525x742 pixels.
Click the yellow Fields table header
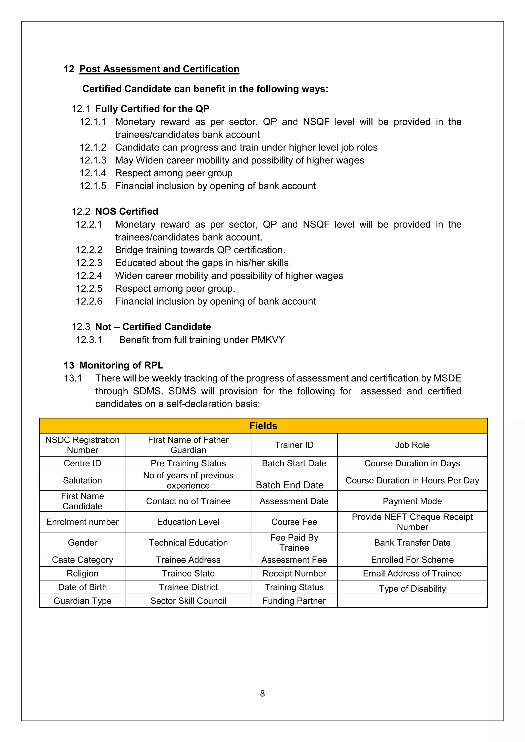tap(263, 426)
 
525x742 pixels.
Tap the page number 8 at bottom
tap(262, 693)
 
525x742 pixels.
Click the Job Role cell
tap(412, 445)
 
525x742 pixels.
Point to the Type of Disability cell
tap(412, 589)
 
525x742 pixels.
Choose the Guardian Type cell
tap(83, 601)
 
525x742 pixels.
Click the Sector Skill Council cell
tap(188, 601)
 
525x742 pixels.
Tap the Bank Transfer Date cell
tap(412, 543)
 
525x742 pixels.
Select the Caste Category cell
tap(83, 560)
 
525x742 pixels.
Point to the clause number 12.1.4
tap(93, 173)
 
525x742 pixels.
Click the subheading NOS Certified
tap(127, 211)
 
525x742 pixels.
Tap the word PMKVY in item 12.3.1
tap(268, 340)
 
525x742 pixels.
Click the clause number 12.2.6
tap(89, 301)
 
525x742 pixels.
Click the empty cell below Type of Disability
tap(412, 601)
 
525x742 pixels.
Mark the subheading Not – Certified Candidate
tap(153, 327)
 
